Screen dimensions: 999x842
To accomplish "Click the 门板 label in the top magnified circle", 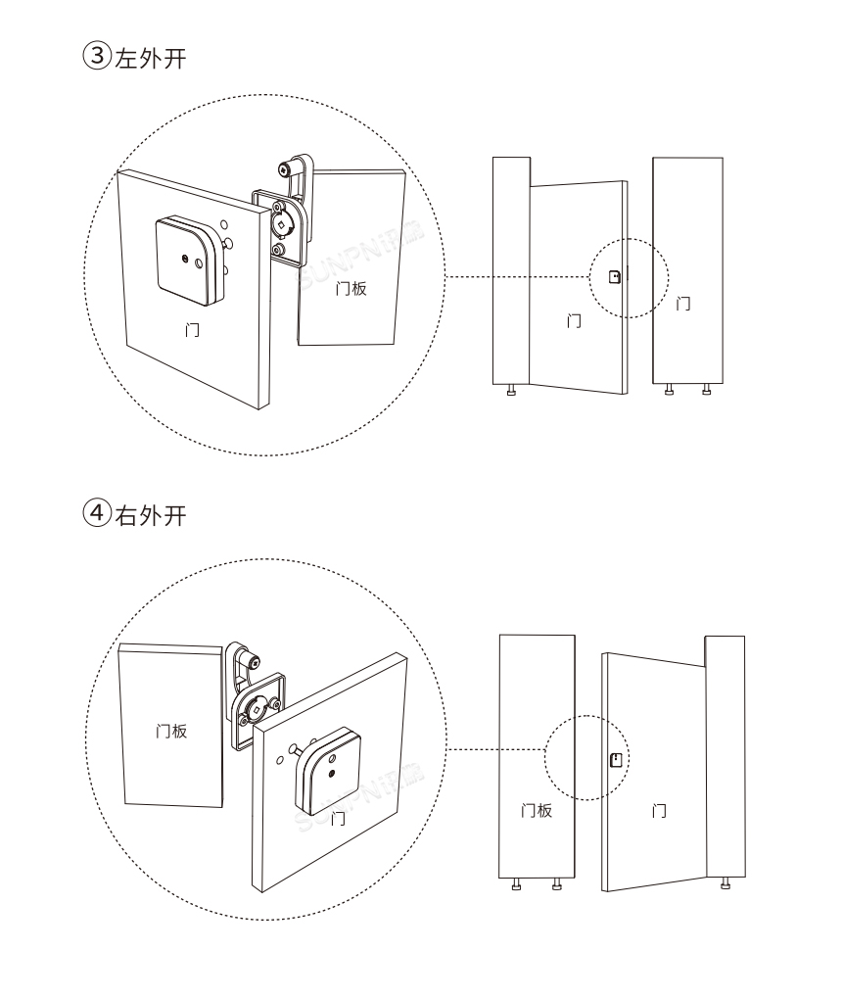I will point(351,289).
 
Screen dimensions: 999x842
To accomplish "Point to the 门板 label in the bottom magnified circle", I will point(172,732).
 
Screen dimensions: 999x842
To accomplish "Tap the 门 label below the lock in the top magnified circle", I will point(193,330).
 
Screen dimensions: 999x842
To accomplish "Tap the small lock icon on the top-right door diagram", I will point(614,277).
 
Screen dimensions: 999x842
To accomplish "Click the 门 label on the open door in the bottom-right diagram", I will point(660,812).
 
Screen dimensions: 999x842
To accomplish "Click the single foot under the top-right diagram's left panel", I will point(511,390).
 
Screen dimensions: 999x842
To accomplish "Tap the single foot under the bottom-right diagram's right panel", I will point(725,884).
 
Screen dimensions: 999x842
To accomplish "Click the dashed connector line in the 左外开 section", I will point(519,277).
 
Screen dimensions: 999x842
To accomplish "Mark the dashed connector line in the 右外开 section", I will point(499,750).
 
